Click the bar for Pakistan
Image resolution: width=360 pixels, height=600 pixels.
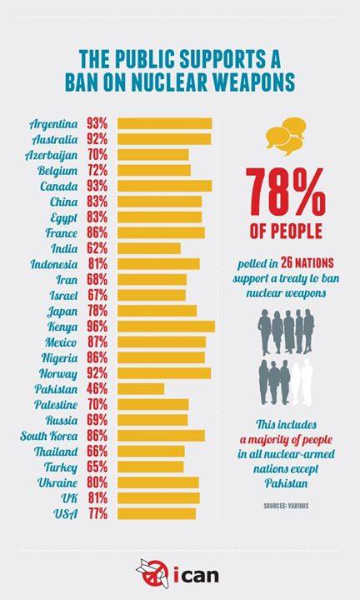click(141, 389)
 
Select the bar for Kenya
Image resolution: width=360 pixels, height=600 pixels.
click(166, 327)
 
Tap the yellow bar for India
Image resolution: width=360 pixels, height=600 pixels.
click(149, 248)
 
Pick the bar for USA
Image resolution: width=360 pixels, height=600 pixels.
click(157, 513)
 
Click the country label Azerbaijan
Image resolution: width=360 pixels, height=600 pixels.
click(52, 155)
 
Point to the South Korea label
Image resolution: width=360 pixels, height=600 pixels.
click(48, 436)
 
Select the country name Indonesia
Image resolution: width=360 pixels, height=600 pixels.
click(54, 264)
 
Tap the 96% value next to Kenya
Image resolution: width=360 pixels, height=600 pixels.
click(97, 327)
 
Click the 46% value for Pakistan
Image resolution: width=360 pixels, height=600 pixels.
click(97, 389)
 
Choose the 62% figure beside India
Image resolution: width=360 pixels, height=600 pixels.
click(97, 248)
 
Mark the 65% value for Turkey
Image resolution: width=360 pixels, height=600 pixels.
click(97, 467)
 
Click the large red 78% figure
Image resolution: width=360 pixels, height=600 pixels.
click(286, 192)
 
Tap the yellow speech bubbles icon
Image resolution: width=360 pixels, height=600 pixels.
click(286, 136)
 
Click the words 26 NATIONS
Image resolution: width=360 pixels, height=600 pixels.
click(307, 262)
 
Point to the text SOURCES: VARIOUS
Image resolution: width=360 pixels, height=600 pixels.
click(286, 506)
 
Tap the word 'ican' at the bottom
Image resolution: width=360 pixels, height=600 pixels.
click(196, 574)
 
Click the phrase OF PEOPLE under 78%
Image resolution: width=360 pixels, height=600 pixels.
click(286, 232)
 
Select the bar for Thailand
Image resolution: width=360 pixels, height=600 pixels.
click(151, 451)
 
